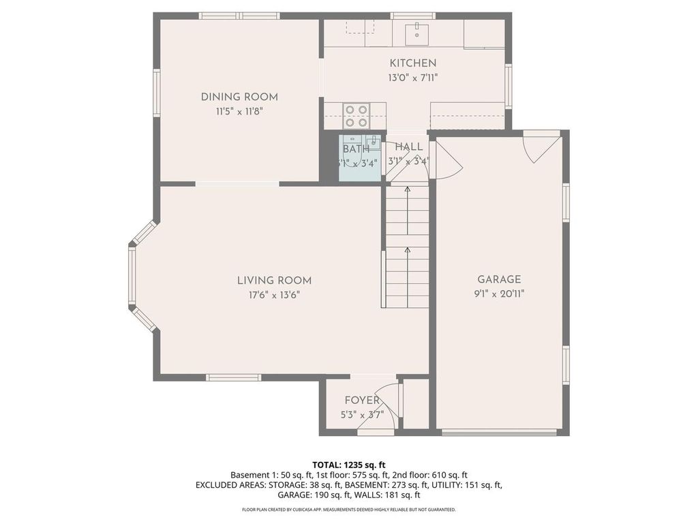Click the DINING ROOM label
tap(239, 97)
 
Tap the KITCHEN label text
tap(412, 63)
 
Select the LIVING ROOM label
tap(274, 280)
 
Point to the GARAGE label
tap(499, 279)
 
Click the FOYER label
tap(362, 401)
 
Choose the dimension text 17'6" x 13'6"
tap(274, 295)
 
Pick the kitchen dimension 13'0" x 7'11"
tap(412, 78)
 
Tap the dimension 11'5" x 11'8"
tap(239, 111)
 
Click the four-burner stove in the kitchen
tap(355, 115)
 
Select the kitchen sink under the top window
tap(416, 31)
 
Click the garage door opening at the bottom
tap(499, 432)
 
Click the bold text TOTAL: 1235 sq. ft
tap(348, 464)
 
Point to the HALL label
tap(408, 147)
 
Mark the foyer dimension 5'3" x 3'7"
tap(362, 414)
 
